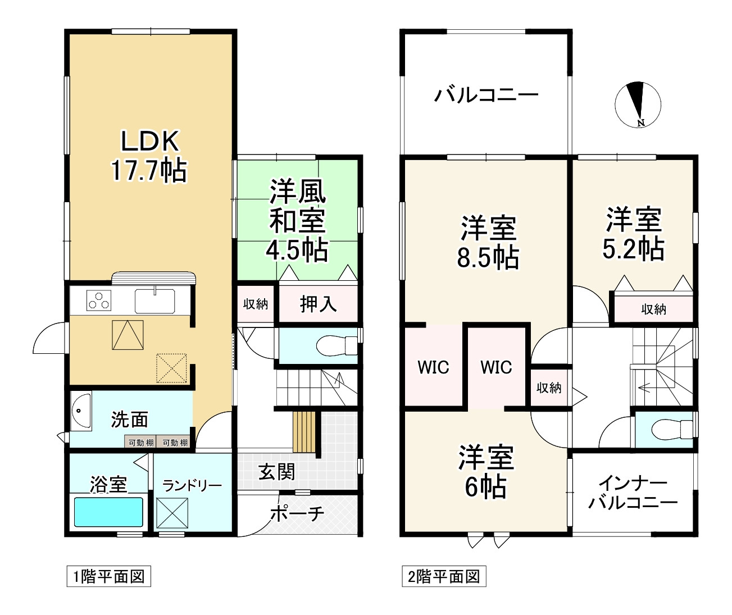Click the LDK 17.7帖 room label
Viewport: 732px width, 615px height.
(148, 156)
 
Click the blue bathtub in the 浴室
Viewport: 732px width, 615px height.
(109, 512)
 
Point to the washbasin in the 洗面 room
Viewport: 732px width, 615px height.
(81, 412)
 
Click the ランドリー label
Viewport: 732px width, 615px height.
(192, 485)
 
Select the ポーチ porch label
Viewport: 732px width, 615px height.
(298, 513)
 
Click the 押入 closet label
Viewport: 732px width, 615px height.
(319, 304)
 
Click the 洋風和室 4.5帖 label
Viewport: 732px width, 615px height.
(298, 220)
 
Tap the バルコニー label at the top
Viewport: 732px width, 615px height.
(487, 95)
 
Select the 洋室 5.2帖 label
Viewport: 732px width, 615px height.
(633, 234)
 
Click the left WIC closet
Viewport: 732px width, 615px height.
(433, 367)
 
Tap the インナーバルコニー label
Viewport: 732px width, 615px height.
(633, 492)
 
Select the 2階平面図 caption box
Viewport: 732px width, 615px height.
(443, 576)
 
